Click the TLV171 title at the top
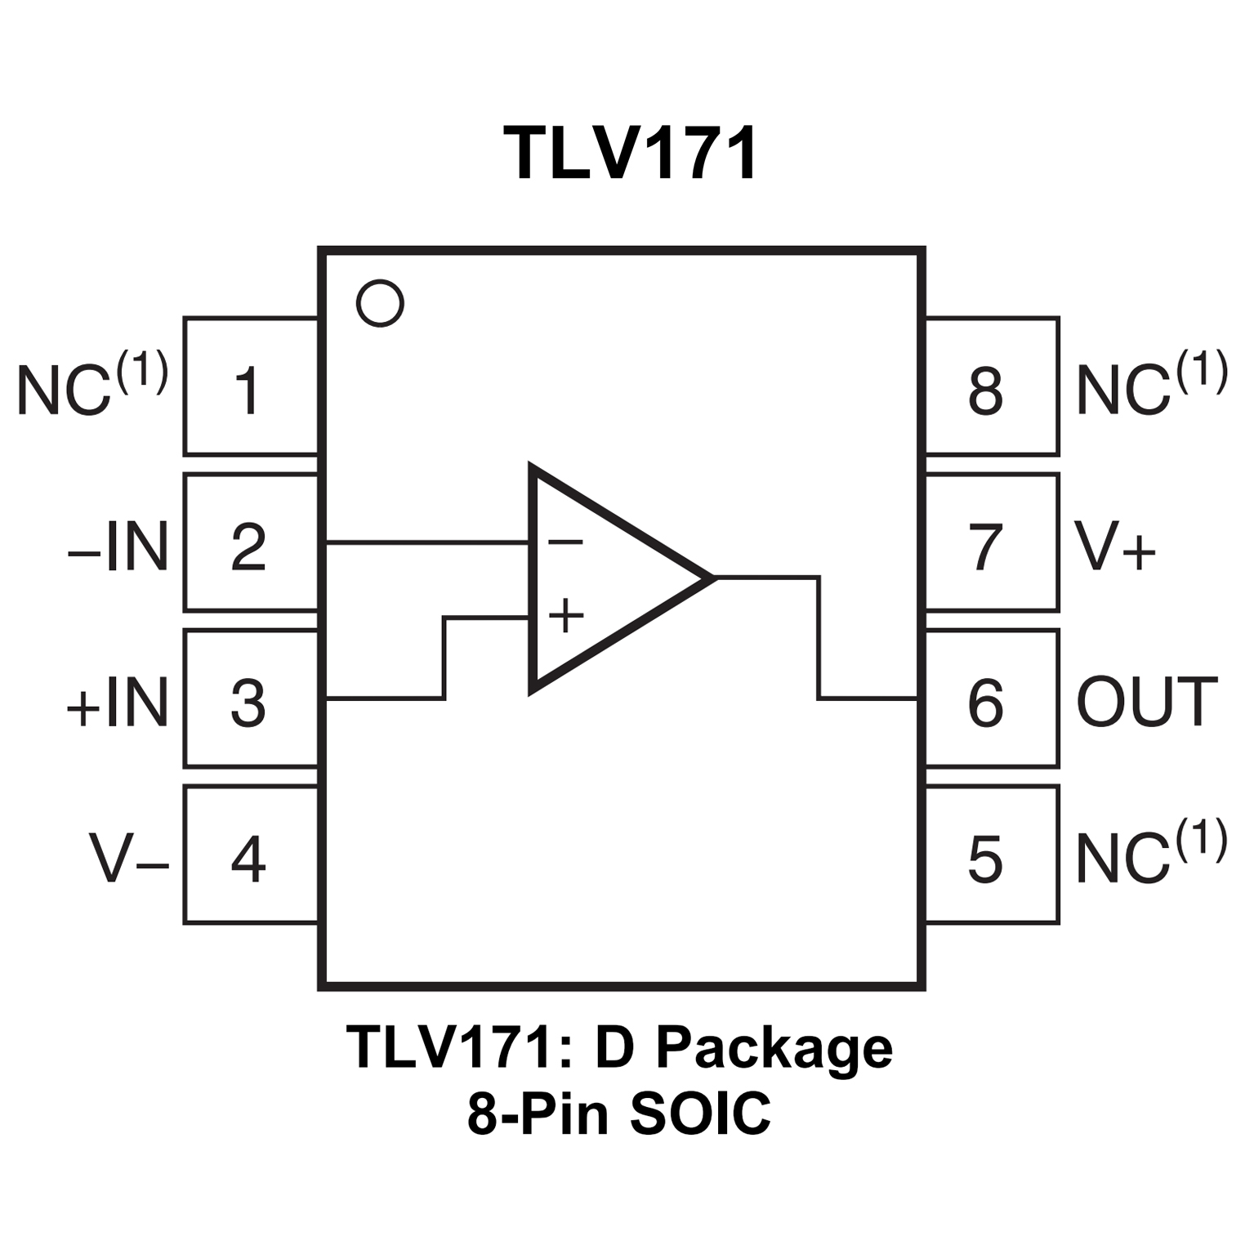(630, 154)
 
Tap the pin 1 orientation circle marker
(380, 304)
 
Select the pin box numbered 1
(250, 386)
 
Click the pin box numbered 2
(250, 543)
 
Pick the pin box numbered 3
(250, 699)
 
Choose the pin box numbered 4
(250, 855)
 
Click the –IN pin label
(118, 547)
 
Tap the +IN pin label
(118, 702)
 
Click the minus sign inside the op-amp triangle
(565, 542)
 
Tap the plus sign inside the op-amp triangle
(565, 615)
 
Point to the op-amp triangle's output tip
(713, 578)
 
